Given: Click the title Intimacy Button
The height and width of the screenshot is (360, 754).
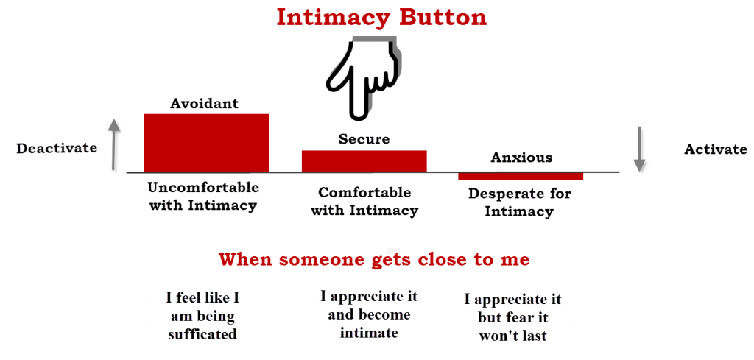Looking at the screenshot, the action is coord(381,18).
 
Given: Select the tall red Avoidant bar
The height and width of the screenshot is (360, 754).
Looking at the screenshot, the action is coord(207,143).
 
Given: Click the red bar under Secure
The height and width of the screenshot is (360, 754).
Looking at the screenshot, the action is coord(364,161).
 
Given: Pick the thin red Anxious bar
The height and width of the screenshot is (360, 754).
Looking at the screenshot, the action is coord(521,176).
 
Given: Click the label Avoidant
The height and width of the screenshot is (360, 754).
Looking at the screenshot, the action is coord(205,103).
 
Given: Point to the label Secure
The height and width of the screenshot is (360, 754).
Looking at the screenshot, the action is coord(364,139).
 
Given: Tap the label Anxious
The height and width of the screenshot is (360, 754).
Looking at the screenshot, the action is coord(522,158).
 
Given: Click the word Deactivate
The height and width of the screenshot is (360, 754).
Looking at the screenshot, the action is coord(57,148).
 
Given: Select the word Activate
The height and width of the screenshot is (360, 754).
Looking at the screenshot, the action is coord(716,149).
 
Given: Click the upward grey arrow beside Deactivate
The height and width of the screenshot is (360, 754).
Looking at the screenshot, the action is coord(113,144).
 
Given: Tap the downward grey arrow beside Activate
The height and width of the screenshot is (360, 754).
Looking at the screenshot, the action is coord(638,149).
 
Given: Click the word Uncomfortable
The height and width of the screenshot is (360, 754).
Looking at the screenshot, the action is coord(203,187).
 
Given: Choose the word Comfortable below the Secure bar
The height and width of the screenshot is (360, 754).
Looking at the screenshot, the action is coord(365,193).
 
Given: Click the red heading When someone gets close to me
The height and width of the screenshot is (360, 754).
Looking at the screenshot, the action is coord(374,260).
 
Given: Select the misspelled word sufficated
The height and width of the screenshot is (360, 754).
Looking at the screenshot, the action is coord(202,333).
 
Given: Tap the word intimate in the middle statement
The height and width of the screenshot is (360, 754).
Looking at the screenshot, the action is coord(369,333).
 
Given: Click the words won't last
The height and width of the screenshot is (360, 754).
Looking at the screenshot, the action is coord(512,336).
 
